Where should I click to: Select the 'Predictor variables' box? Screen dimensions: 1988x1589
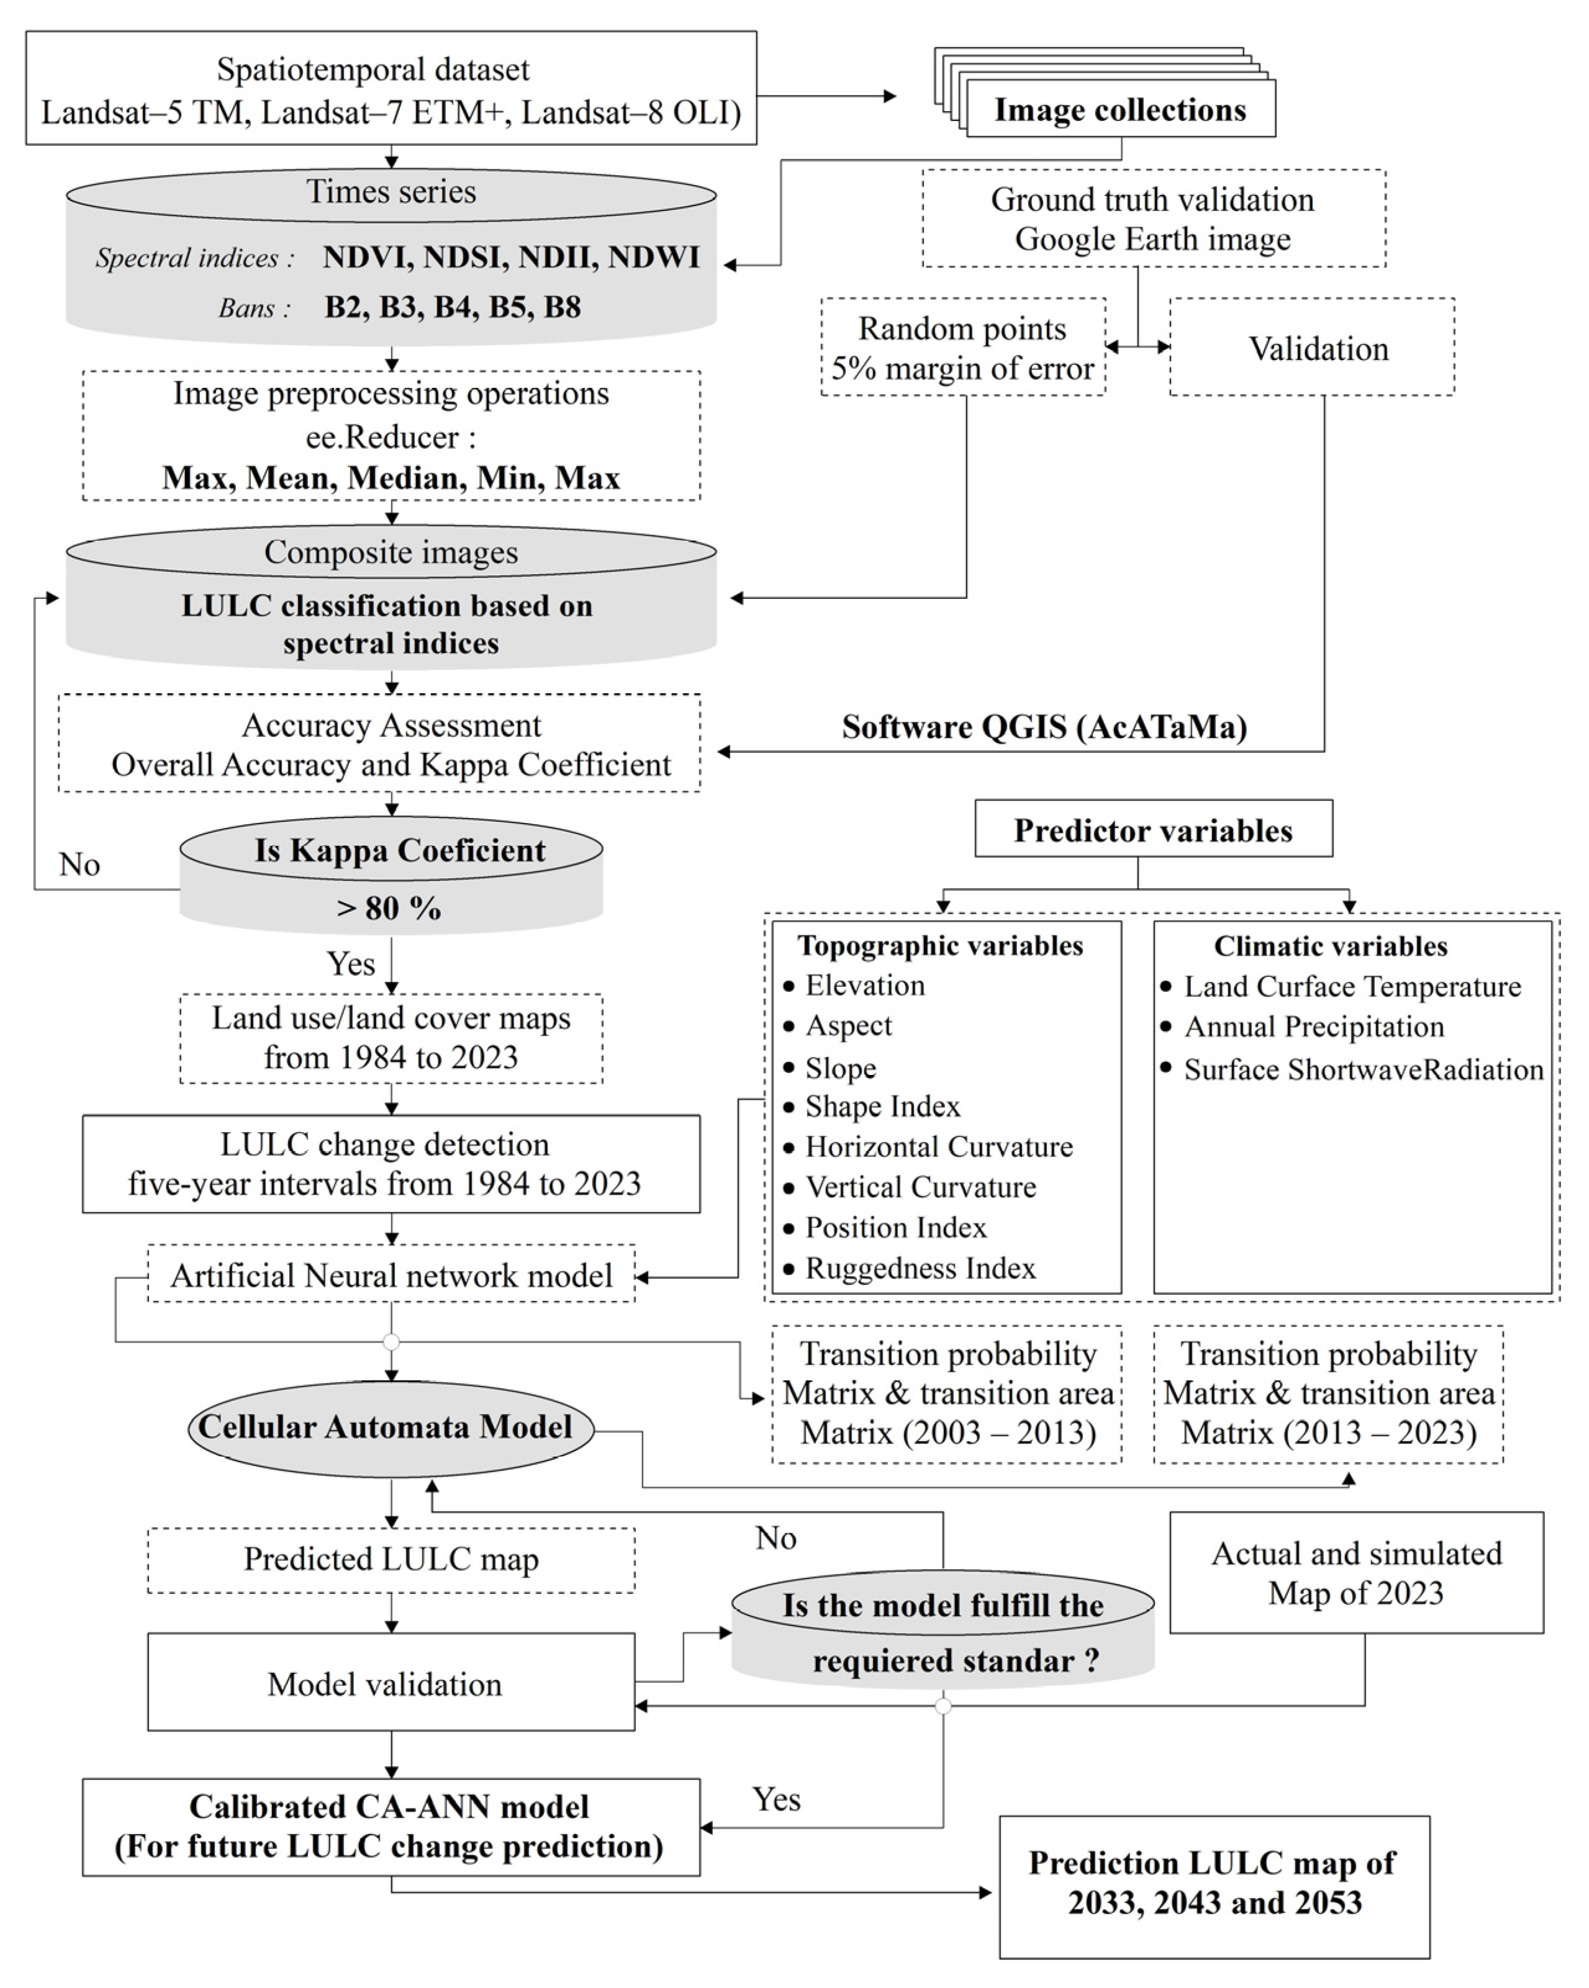[x=1153, y=830]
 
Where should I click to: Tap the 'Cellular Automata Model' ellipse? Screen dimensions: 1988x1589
[x=390, y=1428]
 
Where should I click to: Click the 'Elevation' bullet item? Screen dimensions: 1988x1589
[x=864, y=986]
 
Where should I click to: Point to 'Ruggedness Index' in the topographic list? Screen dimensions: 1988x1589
[x=920, y=1269]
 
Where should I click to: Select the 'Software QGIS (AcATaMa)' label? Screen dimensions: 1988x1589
[x=1044, y=727]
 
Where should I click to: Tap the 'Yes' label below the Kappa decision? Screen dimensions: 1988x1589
[x=350, y=963]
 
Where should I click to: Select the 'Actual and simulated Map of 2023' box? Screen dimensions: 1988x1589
[x=1356, y=1573]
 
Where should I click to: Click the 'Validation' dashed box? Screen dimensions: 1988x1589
[x=1318, y=349]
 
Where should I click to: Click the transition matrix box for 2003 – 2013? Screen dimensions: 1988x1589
[x=947, y=1393]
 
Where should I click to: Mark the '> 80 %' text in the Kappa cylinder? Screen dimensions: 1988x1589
[x=389, y=908]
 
